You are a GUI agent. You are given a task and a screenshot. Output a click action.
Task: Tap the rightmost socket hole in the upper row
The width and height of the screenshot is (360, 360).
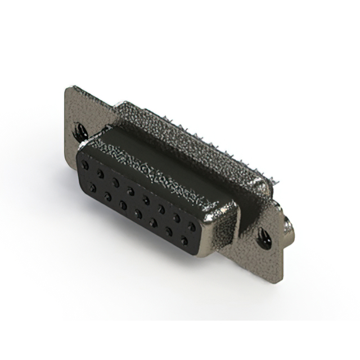tap(192, 226)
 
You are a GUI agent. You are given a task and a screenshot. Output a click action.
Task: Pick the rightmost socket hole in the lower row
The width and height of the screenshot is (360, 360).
tap(184, 242)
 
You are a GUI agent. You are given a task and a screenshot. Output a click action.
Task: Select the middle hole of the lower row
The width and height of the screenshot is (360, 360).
tap(138, 214)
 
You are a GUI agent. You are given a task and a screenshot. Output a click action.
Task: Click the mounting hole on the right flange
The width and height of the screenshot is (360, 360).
tap(263, 238)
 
